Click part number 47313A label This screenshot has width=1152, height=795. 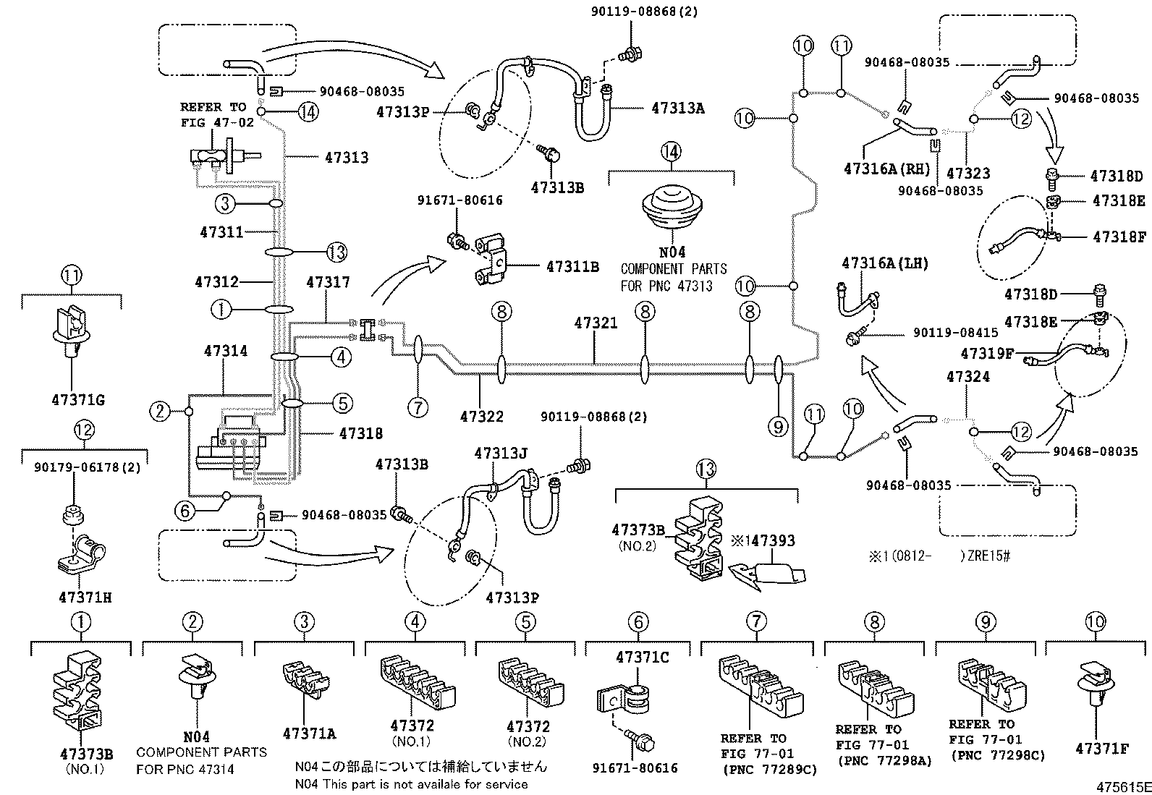(x=677, y=109)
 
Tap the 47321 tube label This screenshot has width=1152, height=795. (x=596, y=323)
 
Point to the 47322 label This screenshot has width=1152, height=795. (x=481, y=417)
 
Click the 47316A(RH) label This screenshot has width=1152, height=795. (x=886, y=169)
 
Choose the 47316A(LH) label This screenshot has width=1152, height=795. (x=884, y=263)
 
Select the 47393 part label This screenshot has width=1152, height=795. (x=768, y=541)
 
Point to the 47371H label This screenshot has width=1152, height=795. (x=84, y=598)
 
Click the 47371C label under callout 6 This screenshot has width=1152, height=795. (x=642, y=658)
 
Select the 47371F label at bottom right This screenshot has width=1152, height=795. (x=1101, y=749)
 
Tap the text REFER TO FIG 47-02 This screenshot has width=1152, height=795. (x=217, y=115)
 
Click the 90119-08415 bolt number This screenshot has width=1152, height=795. (x=955, y=333)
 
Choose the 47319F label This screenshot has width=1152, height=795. (x=987, y=354)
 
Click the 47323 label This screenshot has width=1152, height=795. (x=967, y=174)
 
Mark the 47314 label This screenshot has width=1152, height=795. (x=225, y=351)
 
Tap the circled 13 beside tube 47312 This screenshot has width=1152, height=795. (x=336, y=252)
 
